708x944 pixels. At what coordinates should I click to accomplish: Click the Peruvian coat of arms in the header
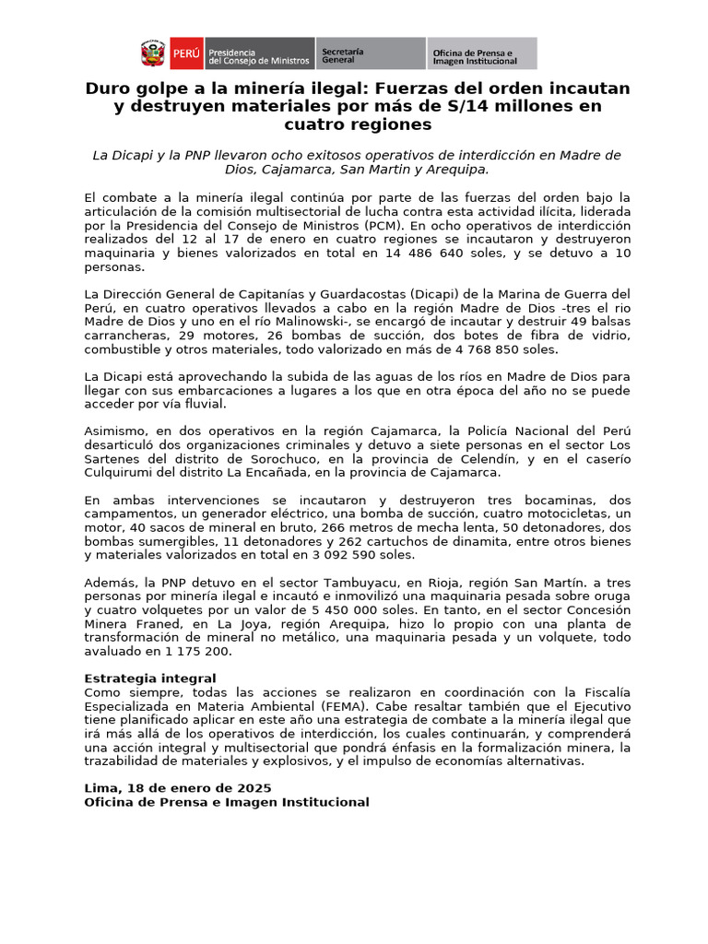(x=153, y=53)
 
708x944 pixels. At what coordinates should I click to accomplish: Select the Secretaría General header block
(x=370, y=53)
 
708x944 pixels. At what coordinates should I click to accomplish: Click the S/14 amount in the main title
(x=507, y=106)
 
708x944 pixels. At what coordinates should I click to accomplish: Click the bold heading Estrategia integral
(x=150, y=678)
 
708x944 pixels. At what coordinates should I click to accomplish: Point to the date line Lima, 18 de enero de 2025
(x=178, y=788)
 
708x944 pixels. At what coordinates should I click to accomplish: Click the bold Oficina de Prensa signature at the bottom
(x=227, y=802)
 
